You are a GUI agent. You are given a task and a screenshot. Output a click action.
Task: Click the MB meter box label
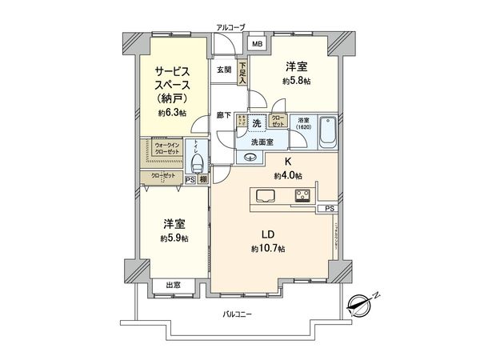point(258,44)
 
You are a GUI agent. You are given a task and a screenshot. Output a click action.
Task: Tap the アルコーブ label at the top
point(230,28)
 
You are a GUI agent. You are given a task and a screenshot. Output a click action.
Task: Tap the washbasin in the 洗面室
point(250,158)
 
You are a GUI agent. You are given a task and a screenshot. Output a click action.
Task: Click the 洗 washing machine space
point(256,123)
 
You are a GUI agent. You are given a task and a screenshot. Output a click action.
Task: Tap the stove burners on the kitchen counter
point(303,196)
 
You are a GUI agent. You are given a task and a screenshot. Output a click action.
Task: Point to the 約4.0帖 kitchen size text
point(287,175)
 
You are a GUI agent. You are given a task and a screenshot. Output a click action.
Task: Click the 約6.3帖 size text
point(173,113)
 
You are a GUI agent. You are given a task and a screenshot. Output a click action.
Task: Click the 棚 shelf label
point(204,180)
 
